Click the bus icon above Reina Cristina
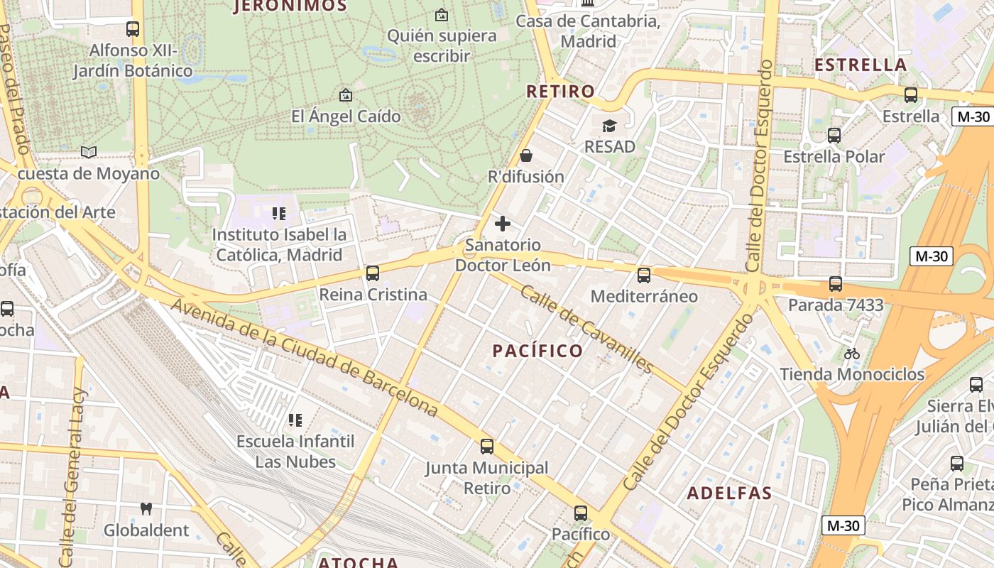coord(372,273)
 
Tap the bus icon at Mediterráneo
coord(644,275)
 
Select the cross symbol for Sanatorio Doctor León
coord(503,224)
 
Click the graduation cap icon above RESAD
coord(609,126)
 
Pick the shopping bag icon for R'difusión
coord(526,155)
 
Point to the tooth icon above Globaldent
coord(146,509)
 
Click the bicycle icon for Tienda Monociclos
coord(852,353)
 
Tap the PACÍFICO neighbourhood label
coord(537,351)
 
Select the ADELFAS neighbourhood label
coord(729,493)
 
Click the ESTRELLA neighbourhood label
coord(861,65)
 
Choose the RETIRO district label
coord(560,92)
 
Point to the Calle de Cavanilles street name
coord(586,329)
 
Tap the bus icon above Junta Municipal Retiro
coord(487,447)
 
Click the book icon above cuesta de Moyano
coord(89,152)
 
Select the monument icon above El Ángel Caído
coord(346,94)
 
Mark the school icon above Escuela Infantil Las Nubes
coord(295,420)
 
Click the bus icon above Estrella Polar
coord(834,135)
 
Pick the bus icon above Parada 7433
coord(836,284)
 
